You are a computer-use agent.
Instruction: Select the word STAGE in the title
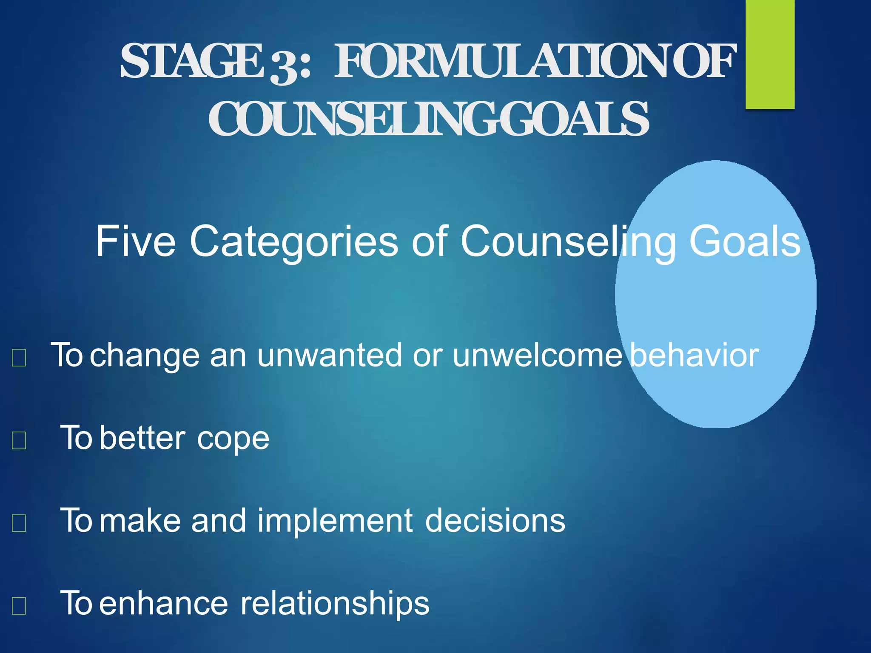coord(191,62)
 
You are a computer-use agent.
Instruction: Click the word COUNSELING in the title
coord(353,119)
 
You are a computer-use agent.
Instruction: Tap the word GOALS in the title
coord(574,119)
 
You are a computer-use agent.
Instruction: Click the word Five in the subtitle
coord(135,241)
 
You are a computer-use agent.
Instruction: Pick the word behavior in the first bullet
coord(695,355)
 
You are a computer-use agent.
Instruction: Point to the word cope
coord(233,439)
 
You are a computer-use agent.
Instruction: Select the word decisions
coord(495,521)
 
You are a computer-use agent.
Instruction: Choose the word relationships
coord(335,604)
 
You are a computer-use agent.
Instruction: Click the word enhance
coord(164,604)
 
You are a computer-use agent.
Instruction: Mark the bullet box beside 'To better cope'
coord(19,440)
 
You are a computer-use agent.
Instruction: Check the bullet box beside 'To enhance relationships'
coord(19,605)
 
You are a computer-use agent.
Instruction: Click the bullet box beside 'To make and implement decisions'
coord(19,523)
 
